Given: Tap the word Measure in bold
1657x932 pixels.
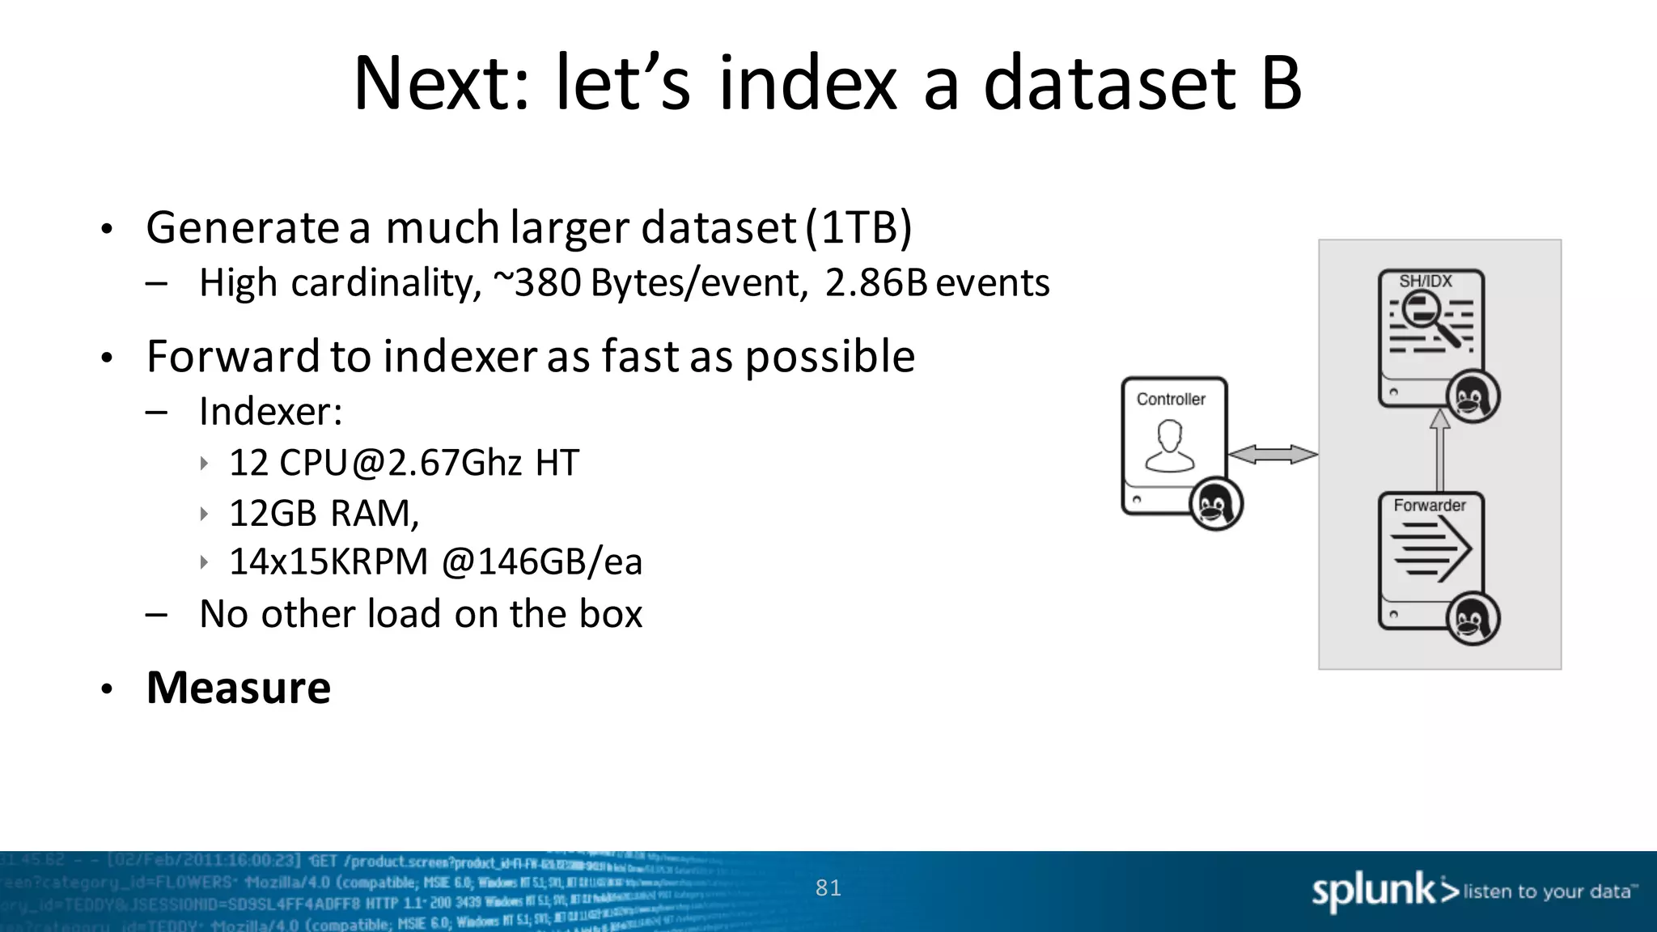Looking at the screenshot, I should click(x=239, y=688).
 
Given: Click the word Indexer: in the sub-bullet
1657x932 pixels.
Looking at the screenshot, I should click(x=271, y=412).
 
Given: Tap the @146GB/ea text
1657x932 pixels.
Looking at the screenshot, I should click(x=542, y=562).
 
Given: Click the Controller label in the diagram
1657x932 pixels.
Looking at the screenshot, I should click(x=1171, y=399).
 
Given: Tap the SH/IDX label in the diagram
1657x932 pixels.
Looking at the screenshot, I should click(x=1426, y=281).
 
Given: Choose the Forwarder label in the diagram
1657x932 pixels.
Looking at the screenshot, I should click(x=1430, y=505).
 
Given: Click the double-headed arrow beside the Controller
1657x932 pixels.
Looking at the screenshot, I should click(x=1273, y=455).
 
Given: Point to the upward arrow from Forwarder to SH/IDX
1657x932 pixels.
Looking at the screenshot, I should click(x=1439, y=450).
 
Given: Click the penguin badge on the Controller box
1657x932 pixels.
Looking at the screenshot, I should click(x=1215, y=504).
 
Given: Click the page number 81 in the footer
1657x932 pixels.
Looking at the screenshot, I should click(x=828, y=888).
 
